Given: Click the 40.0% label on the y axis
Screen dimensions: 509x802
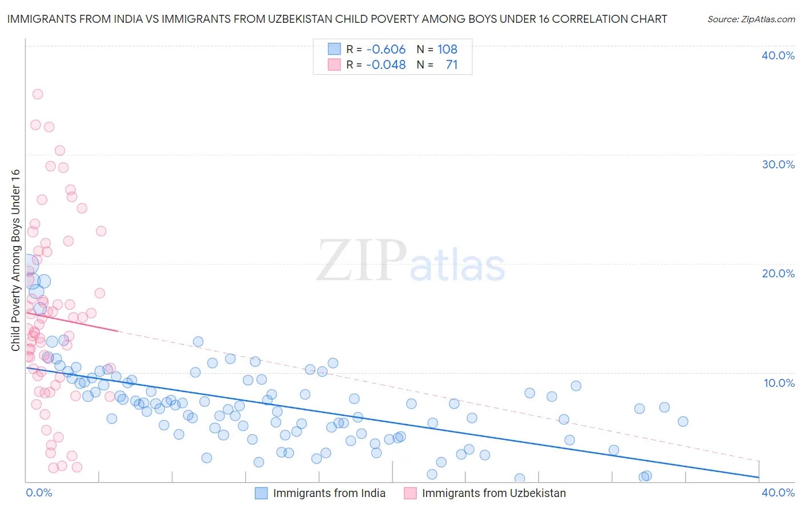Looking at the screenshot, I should [778, 55].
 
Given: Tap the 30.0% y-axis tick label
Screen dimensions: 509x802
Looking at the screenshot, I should [778, 164].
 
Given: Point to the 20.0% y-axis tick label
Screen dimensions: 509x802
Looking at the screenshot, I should [778, 273].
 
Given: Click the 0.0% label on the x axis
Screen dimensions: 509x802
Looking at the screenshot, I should [39, 492].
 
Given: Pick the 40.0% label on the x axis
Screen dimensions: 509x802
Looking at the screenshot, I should [778, 492].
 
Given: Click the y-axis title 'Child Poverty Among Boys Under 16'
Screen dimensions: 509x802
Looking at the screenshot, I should [15, 260].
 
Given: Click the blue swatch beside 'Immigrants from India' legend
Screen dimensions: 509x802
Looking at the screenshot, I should [261, 493].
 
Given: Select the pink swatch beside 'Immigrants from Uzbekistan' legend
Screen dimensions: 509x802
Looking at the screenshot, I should [410, 493].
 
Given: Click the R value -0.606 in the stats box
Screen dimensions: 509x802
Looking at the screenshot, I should [386, 49].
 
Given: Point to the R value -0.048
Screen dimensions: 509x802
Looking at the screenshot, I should [386, 64].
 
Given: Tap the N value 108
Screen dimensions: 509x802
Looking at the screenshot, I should [447, 49].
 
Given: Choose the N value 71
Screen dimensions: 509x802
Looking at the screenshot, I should [452, 64].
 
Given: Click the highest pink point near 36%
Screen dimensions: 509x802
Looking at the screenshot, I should [38, 94].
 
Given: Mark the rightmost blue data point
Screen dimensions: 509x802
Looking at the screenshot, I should [683, 422].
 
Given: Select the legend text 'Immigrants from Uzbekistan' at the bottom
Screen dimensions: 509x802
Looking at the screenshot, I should [494, 493].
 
